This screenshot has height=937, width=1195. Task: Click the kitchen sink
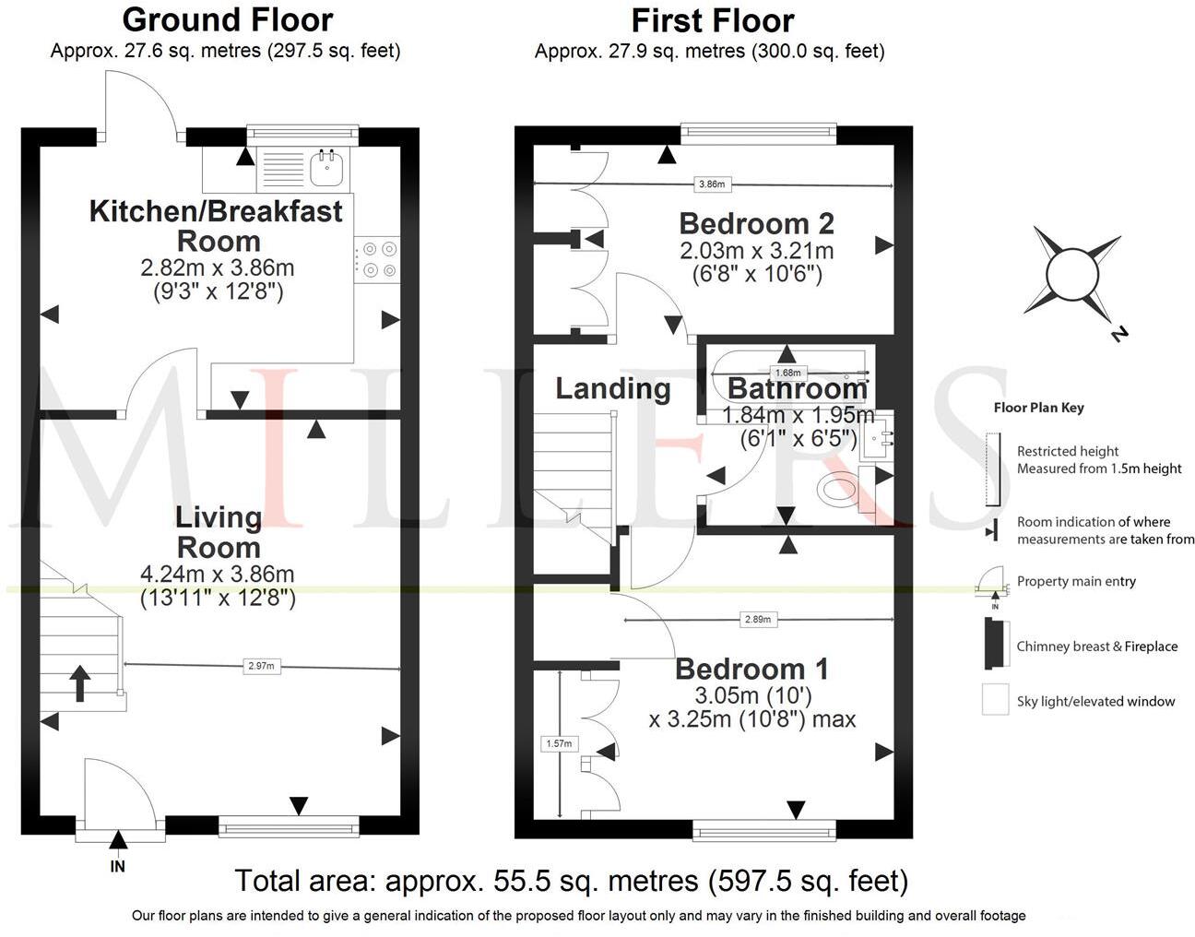coord(327,168)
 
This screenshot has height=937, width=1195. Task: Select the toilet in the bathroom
coord(841,488)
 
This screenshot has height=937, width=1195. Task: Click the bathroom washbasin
coord(876,440)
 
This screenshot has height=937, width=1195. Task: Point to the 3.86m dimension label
coord(711,184)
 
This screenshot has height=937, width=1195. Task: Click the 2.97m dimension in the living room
coord(261,665)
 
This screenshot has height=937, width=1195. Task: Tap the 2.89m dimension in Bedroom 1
coord(757,620)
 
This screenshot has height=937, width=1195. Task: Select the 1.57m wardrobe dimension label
coord(559,743)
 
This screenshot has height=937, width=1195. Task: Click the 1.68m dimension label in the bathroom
coord(787,374)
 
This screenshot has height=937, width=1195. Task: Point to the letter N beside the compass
coord(1119,334)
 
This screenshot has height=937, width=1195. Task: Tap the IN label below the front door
coord(117,866)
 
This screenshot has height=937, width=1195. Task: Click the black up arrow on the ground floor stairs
coord(79,683)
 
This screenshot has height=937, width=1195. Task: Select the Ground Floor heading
coord(227,19)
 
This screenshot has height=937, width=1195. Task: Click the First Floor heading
coord(712,19)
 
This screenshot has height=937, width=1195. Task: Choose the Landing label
coord(612,388)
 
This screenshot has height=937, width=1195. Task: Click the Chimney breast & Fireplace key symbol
coord(994,645)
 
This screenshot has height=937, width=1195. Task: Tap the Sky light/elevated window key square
coord(995,700)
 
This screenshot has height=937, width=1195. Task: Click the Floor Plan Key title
coord(1038,408)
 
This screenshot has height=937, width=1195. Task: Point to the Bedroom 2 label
coord(756,223)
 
